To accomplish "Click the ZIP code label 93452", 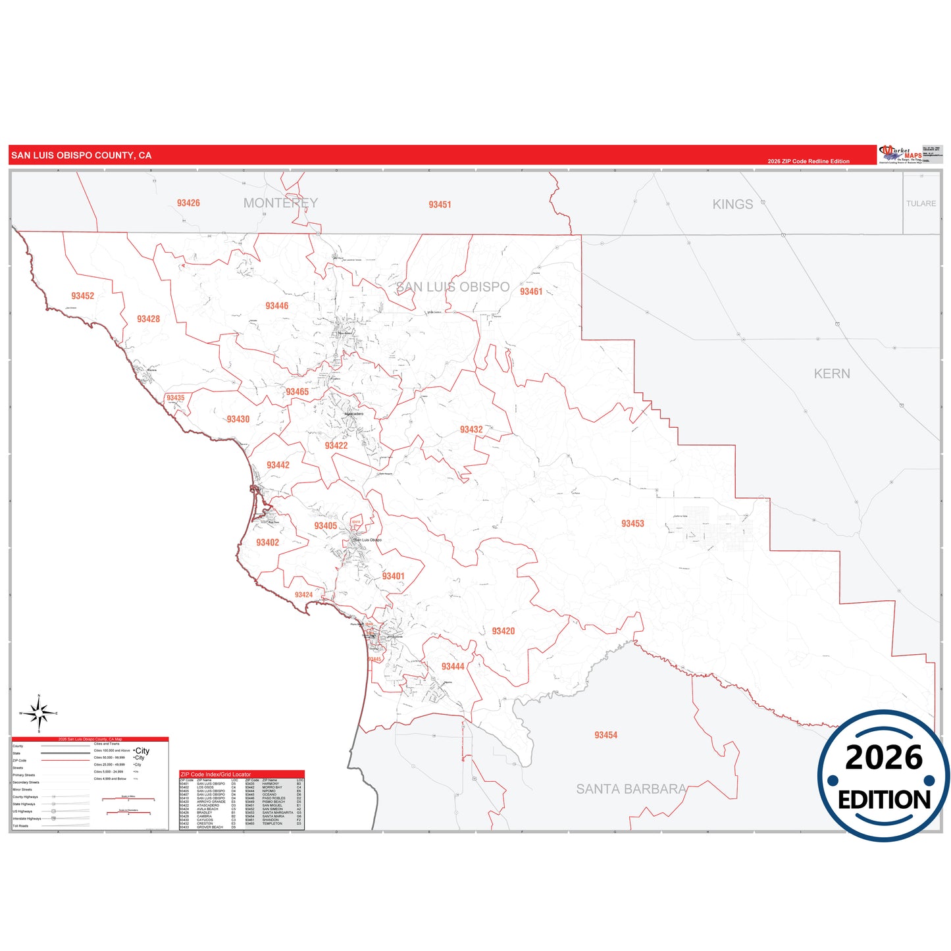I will tap(83, 296).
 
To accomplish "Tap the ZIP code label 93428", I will tap(149, 319).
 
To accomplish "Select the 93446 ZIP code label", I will tap(277, 306).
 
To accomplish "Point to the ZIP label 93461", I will tap(531, 292).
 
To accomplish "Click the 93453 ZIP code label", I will tap(632, 524).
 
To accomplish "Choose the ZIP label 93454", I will tap(605, 735).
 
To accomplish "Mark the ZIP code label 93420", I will tap(503, 631).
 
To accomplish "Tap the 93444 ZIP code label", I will tap(453, 667).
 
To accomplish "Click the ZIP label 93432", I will tap(471, 430).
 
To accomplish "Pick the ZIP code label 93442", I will tap(278, 465).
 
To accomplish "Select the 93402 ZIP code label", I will tap(267, 543).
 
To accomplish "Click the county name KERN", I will tap(832, 374).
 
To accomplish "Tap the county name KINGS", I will tap(733, 205).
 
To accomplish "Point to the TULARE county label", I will tap(921, 204).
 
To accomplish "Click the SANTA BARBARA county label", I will tap(631, 789).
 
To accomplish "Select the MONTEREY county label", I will tap(280, 203).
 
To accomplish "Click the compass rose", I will tap(39, 713).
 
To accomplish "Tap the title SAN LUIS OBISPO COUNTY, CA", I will tap(82, 156).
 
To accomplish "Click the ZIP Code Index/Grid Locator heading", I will tap(216, 775).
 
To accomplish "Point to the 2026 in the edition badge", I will tap(883, 758).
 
